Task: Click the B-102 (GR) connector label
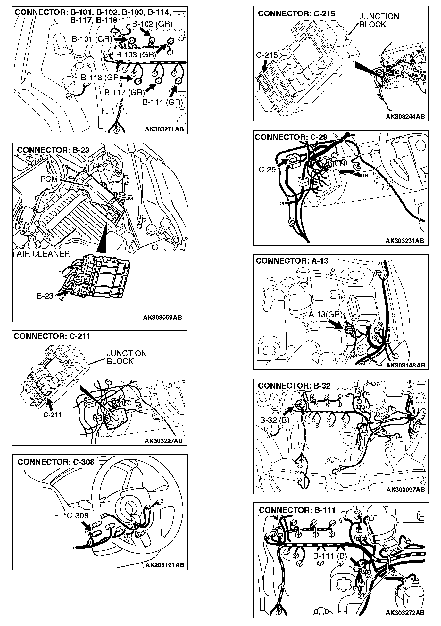click(x=152, y=24)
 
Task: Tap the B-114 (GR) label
click(x=162, y=102)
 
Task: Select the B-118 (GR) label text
click(x=100, y=78)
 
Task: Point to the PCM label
click(x=49, y=179)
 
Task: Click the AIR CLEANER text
click(x=43, y=254)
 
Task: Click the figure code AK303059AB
click(x=162, y=317)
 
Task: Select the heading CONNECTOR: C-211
click(x=52, y=336)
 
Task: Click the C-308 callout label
click(x=78, y=515)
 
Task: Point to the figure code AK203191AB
click(x=164, y=565)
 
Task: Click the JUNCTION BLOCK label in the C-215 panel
click(x=379, y=21)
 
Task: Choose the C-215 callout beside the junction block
click(x=267, y=55)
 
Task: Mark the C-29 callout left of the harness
click(x=267, y=169)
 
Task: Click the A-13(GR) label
click(x=326, y=315)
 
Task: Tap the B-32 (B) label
click(x=274, y=420)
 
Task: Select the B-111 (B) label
click(x=330, y=556)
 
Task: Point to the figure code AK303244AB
click(x=405, y=116)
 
